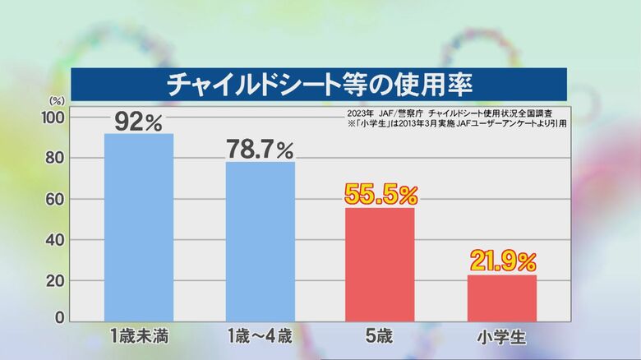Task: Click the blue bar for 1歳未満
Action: point(139,227)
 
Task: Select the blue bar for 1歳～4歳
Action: point(261,241)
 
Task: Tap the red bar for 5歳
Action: point(380,264)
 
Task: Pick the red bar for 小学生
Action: point(501,298)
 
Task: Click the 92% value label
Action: point(139,121)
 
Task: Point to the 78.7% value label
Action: point(261,150)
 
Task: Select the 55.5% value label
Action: point(380,195)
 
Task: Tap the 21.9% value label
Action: point(502,261)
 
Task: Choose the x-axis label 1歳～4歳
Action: point(261,335)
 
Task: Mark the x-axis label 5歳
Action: point(380,335)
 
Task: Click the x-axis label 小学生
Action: point(501,335)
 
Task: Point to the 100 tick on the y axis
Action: point(53,118)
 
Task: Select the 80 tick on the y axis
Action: point(55,158)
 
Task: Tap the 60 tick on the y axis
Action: point(55,199)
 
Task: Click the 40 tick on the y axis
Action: point(55,240)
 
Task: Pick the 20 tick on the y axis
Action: point(55,280)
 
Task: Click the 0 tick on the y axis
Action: point(59,318)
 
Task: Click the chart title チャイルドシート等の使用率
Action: point(320,84)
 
